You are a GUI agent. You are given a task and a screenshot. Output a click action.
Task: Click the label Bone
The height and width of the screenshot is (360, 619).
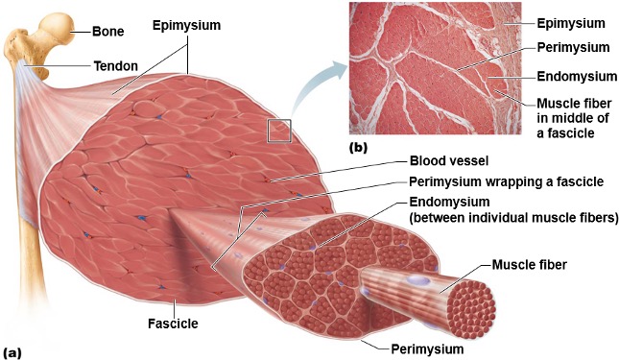tap(107, 31)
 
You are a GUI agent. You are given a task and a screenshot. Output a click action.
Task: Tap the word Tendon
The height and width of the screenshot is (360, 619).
tap(114, 66)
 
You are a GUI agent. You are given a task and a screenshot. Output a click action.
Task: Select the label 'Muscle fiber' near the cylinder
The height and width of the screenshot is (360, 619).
tap(530, 263)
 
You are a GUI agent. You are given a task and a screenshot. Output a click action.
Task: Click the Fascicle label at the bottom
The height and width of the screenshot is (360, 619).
tap(174, 324)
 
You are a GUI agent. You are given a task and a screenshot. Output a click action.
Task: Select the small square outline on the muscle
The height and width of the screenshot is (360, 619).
tap(279, 131)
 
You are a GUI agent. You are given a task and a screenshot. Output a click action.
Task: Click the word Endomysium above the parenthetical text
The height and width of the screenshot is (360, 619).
tap(450, 202)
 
